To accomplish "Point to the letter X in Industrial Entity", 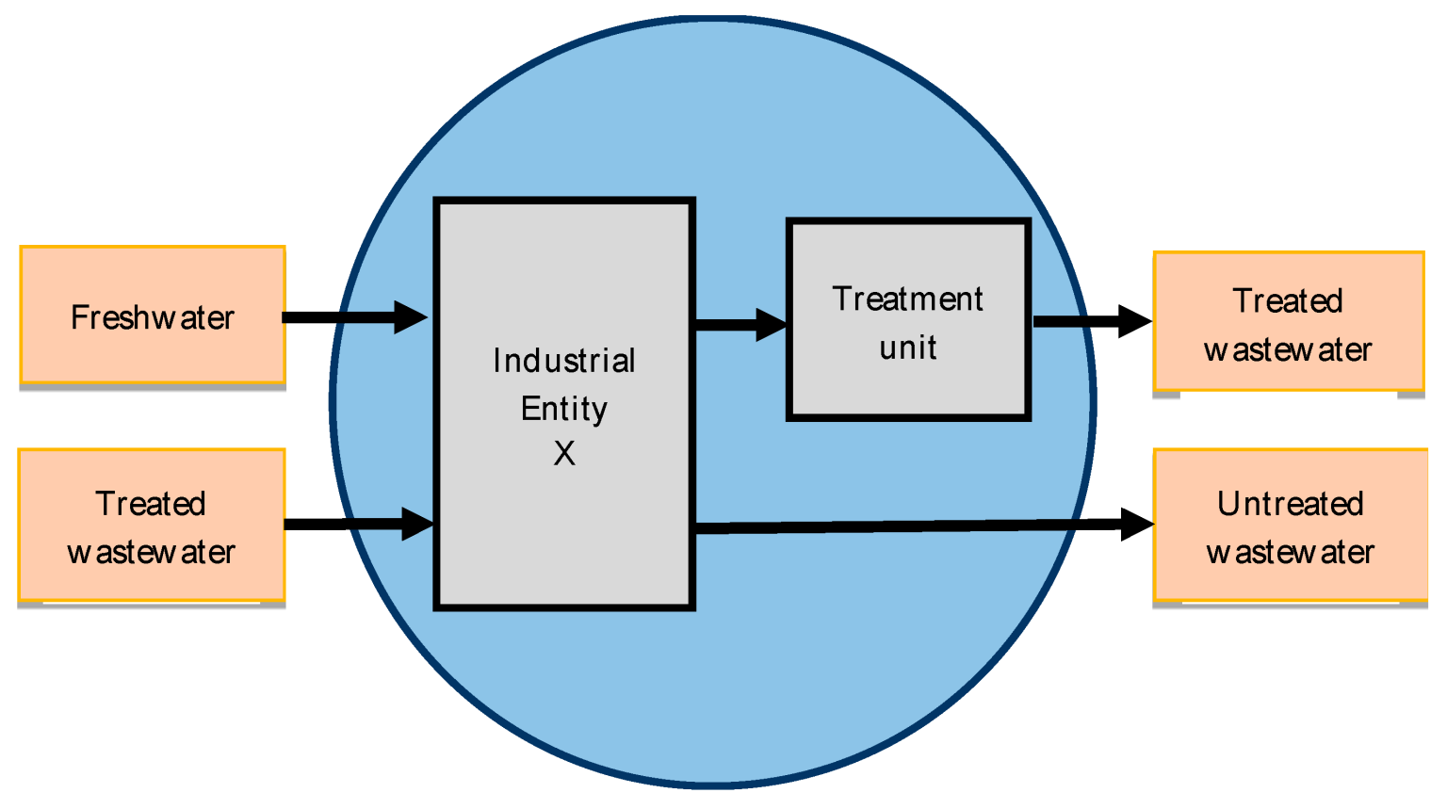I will click(x=564, y=454).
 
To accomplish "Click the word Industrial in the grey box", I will click(x=564, y=361).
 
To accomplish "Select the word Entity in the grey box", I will click(x=564, y=409).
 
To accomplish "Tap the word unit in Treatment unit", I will click(x=908, y=348).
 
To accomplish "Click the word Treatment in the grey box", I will click(x=908, y=299).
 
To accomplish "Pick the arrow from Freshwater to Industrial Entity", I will click(x=353, y=317).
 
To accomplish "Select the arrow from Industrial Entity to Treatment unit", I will click(x=740, y=325).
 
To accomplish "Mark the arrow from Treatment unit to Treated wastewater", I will click(x=1091, y=321).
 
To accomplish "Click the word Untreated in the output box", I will click(x=1290, y=505).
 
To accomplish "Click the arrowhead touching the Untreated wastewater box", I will click(x=1137, y=524).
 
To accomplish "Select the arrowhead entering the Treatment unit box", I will click(x=772, y=325).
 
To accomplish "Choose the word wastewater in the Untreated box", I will click(x=1290, y=552).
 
